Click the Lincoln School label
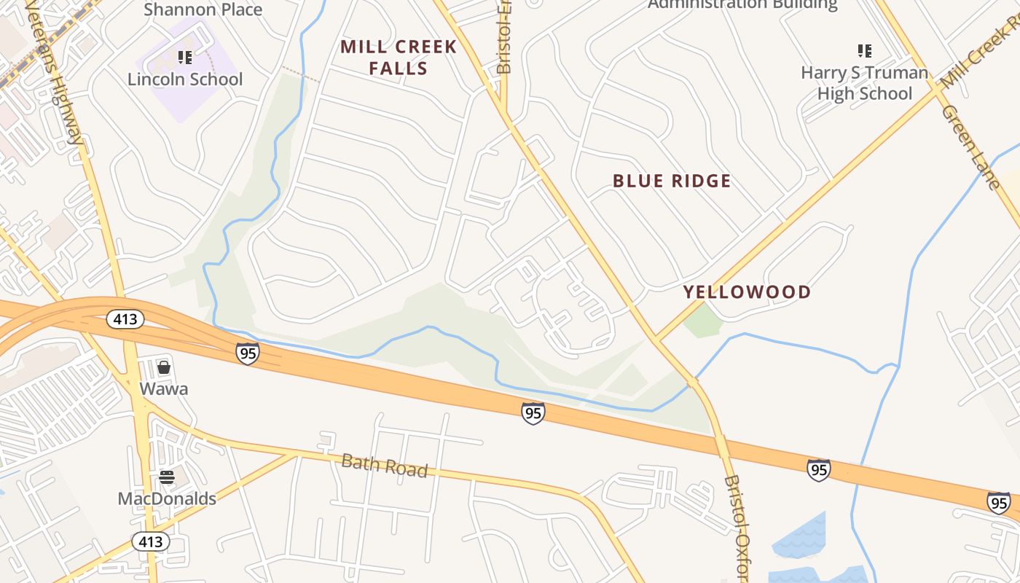tap(185, 79)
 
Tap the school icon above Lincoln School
tap(185, 57)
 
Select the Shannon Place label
tap(203, 9)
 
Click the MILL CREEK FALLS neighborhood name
tap(399, 58)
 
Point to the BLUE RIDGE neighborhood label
tap(672, 181)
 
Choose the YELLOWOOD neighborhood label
tap(747, 292)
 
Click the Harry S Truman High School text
tap(865, 83)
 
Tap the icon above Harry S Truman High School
tap(865, 51)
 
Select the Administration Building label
tap(742, 4)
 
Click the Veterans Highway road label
tap(55, 73)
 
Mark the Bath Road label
tap(384, 465)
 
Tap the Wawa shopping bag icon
tap(164, 367)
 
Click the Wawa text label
tap(164, 388)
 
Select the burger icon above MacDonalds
tap(167, 477)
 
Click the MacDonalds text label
tap(167, 498)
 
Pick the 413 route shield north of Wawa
tap(125, 319)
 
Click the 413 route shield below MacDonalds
tap(151, 541)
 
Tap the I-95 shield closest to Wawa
tap(248, 353)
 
